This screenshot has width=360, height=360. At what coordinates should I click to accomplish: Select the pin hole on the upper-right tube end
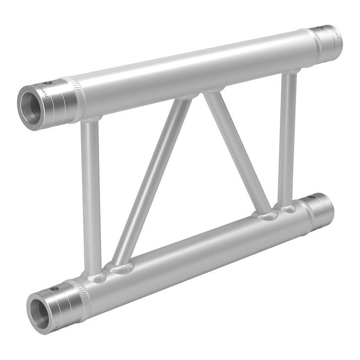coord(325,27)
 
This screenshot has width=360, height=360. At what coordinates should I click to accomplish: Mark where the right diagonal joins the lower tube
coord(268,216)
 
